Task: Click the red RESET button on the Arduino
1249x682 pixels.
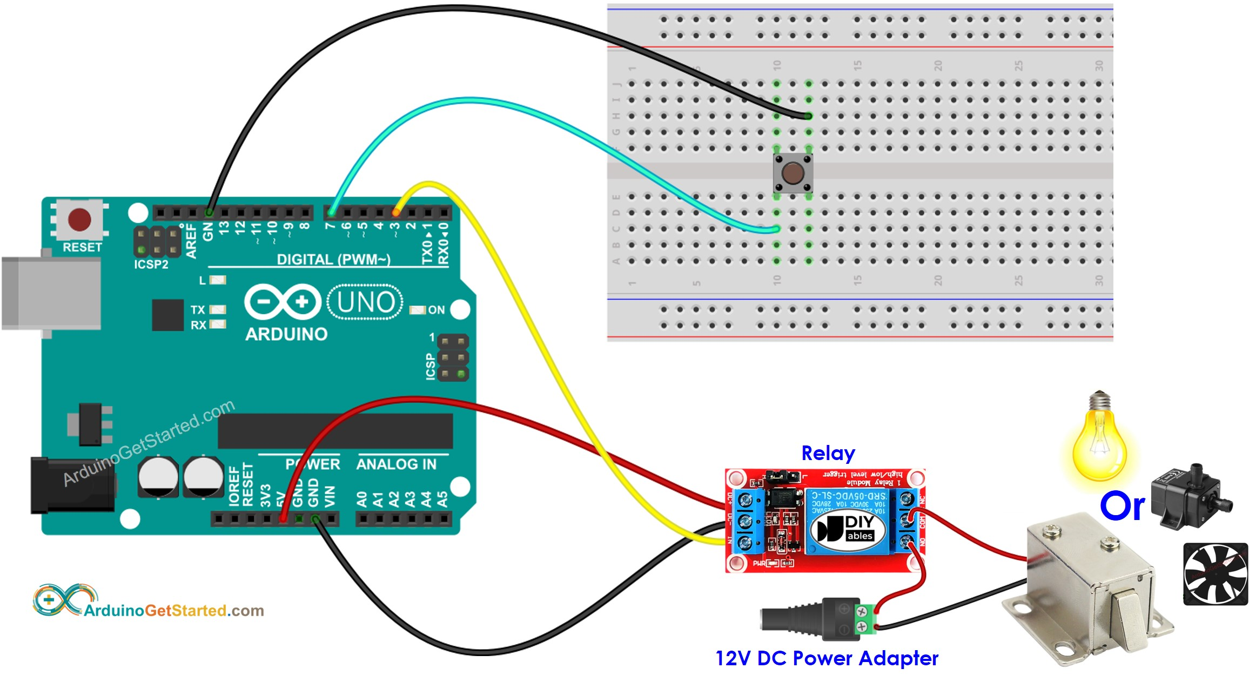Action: click(x=80, y=220)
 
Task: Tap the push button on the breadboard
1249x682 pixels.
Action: click(x=793, y=173)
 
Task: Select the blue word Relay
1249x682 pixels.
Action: click(x=828, y=454)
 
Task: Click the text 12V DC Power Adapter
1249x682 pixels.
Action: click(x=827, y=658)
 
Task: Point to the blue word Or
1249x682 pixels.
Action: click(x=1122, y=507)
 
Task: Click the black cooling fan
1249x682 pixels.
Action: click(x=1215, y=574)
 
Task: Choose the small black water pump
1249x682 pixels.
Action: click(x=1189, y=496)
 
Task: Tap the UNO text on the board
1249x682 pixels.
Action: click(x=366, y=302)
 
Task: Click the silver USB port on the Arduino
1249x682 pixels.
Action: click(x=51, y=293)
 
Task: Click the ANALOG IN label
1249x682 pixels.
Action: click(x=396, y=464)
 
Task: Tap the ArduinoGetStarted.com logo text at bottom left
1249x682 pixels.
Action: click(x=173, y=611)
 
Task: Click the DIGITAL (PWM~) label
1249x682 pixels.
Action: click(x=333, y=260)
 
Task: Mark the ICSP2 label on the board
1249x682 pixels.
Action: click(x=151, y=265)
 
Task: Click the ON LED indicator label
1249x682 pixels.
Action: click(x=436, y=310)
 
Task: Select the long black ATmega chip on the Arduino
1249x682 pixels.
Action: click(x=335, y=431)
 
